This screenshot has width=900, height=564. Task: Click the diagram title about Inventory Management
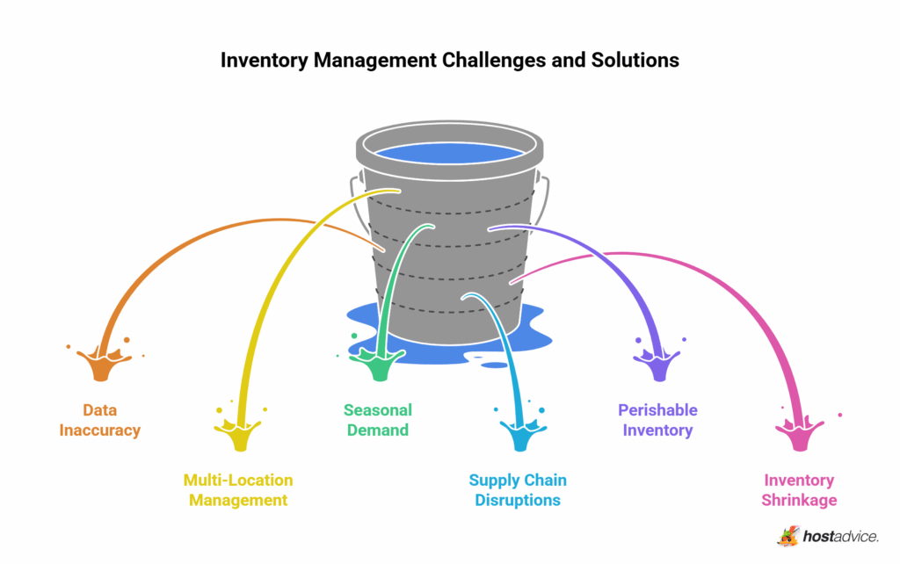tap(449, 61)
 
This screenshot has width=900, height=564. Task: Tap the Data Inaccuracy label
tap(100, 420)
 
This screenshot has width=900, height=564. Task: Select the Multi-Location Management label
tap(237, 490)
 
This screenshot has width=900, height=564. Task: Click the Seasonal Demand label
tap(377, 420)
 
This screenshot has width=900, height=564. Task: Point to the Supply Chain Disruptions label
tap(518, 490)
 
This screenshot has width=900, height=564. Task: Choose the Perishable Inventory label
tap(657, 420)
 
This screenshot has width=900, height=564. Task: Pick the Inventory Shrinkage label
tap(799, 490)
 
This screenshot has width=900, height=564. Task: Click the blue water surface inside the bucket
tap(449, 153)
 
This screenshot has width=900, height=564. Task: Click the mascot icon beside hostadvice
tap(788, 535)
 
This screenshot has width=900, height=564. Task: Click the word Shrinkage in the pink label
tap(799, 500)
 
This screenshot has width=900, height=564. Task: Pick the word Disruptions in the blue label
tap(518, 500)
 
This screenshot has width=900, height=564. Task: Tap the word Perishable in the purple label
tap(657, 410)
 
